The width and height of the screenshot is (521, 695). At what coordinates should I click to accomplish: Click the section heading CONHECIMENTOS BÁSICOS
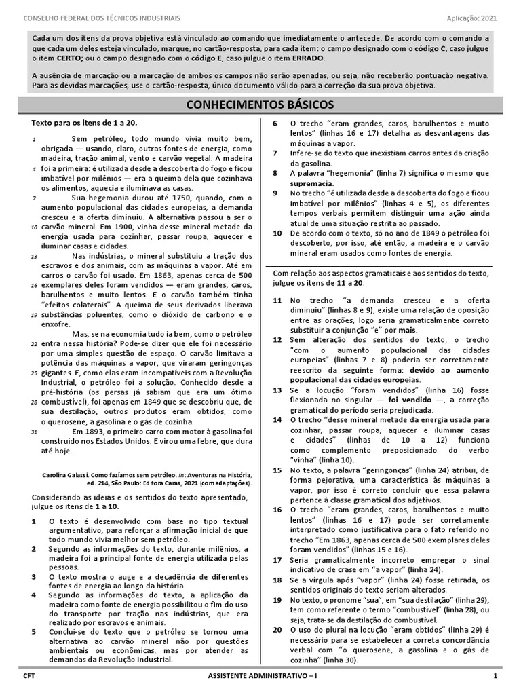click(260, 105)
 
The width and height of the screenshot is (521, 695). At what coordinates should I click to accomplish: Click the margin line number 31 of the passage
click(34, 432)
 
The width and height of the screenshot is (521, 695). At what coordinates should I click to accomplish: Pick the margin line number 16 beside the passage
click(34, 286)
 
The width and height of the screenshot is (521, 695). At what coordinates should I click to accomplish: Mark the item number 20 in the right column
click(277, 629)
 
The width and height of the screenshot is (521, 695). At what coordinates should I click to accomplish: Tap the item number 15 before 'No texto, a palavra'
click(277, 469)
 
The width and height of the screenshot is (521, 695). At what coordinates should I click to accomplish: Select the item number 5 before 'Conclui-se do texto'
click(35, 631)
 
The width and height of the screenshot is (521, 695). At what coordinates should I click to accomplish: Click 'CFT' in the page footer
click(28, 676)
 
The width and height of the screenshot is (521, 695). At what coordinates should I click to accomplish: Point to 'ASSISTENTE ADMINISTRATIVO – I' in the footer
click(260, 676)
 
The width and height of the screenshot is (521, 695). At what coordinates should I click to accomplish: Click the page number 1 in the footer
click(495, 676)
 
